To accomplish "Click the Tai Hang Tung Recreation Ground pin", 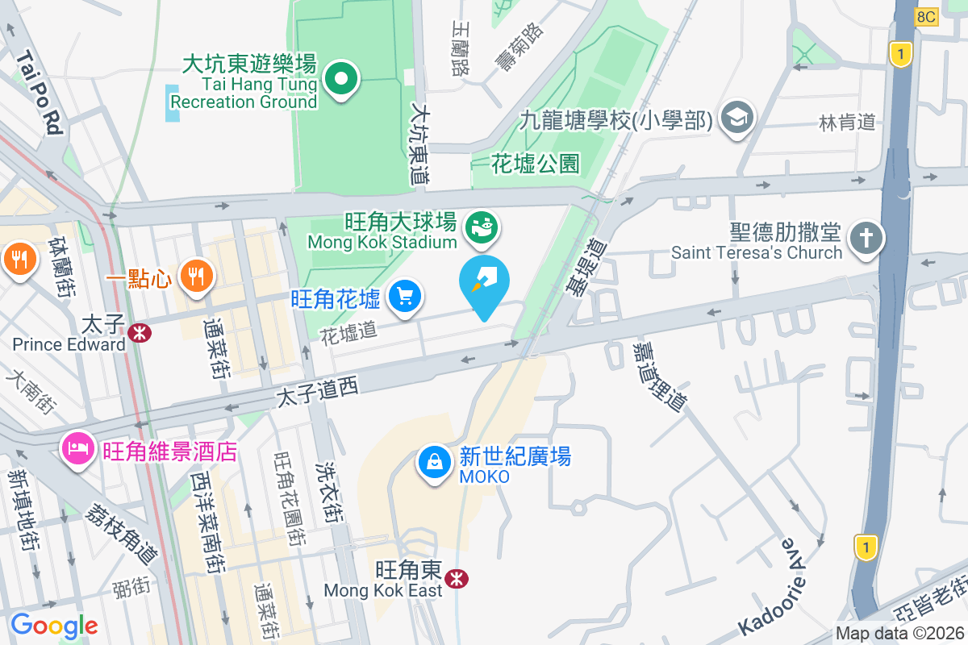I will coord(341,79).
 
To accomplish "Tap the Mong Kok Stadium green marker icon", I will coord(482,228).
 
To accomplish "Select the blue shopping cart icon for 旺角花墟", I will coord(404,297).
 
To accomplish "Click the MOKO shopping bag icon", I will coord(435,463).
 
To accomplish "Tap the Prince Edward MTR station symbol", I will coord(140,331).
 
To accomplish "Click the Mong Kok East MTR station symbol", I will coord(457,578).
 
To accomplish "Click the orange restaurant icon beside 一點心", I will coord(195,276).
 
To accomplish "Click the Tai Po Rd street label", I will coord(38,92).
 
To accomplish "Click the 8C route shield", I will coord(927,16).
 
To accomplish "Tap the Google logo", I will coord(54,625).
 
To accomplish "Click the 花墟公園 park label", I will coord(536,164).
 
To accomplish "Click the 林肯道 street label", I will coord(847,123).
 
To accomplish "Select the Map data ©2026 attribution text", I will coord(899,634).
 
